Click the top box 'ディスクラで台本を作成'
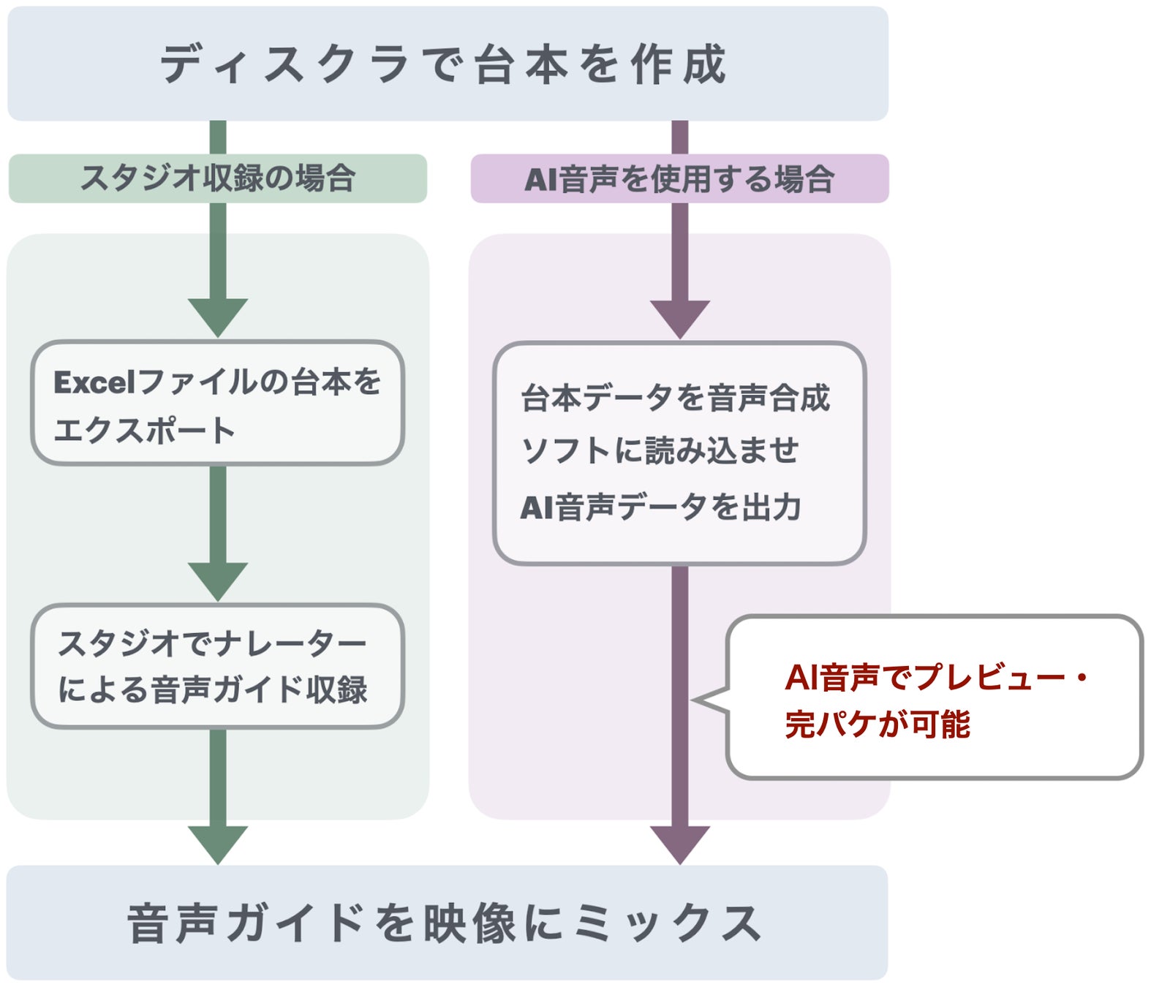tap(448, 64)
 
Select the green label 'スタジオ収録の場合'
tap(218, 178)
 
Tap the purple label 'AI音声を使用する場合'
tap(680, 178)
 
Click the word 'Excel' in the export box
tap(94, 382)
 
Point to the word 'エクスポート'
tap(144, 431)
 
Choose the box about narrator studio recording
tap(218, 666)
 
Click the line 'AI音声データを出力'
tap(660, 507)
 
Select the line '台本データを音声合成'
tap(676, 398)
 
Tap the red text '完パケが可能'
tap(878, 724)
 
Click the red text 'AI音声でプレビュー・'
tap(936, 677)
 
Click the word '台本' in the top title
tap(522, 64)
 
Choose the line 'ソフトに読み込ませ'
tap(660, 450)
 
